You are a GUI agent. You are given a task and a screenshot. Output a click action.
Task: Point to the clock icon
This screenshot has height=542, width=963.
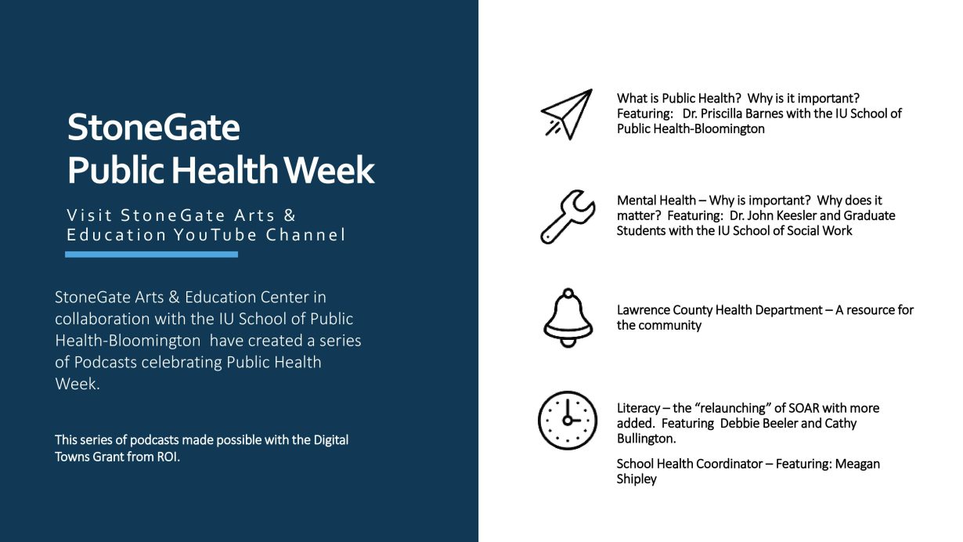pyautogui.click(x=568, y=421)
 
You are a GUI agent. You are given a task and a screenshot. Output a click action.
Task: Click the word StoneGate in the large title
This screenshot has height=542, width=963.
pyautogui.click(x=153, y=127)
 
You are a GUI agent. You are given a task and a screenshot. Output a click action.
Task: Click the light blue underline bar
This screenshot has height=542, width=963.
pyautogui.click(x=151, y=255)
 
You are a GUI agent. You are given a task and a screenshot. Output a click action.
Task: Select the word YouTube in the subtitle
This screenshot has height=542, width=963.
pyautogui.click(x=216, y=235)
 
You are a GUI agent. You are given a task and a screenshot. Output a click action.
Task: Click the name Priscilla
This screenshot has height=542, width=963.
pyautogui.click(x=722, y=114)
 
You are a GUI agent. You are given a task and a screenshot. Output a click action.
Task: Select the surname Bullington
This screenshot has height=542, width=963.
pyautogui.click(x=646, y=439)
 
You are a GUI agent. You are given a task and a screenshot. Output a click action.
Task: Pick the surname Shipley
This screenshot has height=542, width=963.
pyautogui.click(x=637, y=479)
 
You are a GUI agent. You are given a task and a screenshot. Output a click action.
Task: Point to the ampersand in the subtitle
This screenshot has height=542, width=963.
pyautogui.click(x=290, y=215)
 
